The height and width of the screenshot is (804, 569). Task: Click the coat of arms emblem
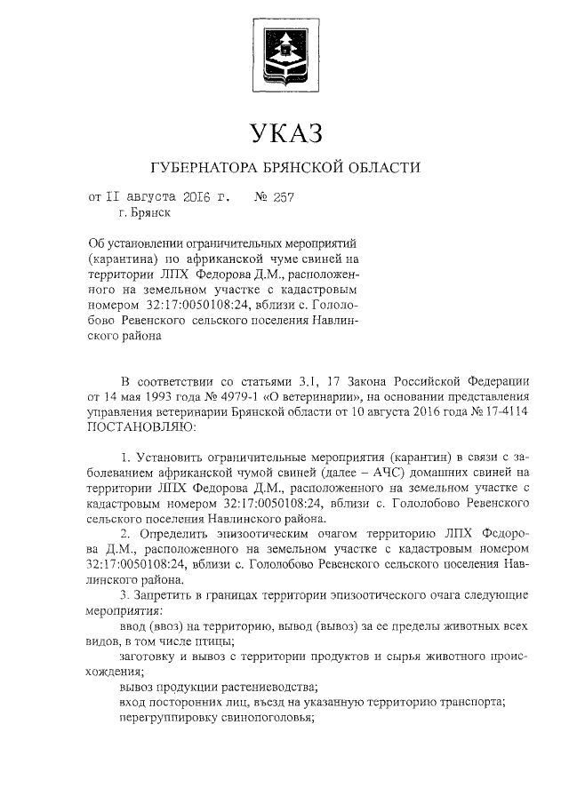284,52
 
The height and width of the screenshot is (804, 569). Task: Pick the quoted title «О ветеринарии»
310,396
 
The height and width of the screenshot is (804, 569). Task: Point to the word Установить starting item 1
165,457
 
